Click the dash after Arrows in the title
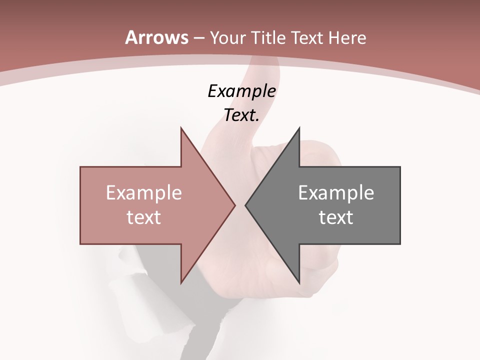pos(198,38)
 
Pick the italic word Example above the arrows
pos(241,91)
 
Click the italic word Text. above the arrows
pos(241,115)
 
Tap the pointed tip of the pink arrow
pos(234,205)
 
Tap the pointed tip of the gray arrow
pos(246,205)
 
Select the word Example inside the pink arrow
pos(143,193)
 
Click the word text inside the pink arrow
pos(143,217)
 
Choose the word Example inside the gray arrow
pos(336,193)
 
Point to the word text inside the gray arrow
pos(336,217)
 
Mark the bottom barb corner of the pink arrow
pos(181,282)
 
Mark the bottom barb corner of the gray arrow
pos(299,282)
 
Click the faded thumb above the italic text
pos(265,70)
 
